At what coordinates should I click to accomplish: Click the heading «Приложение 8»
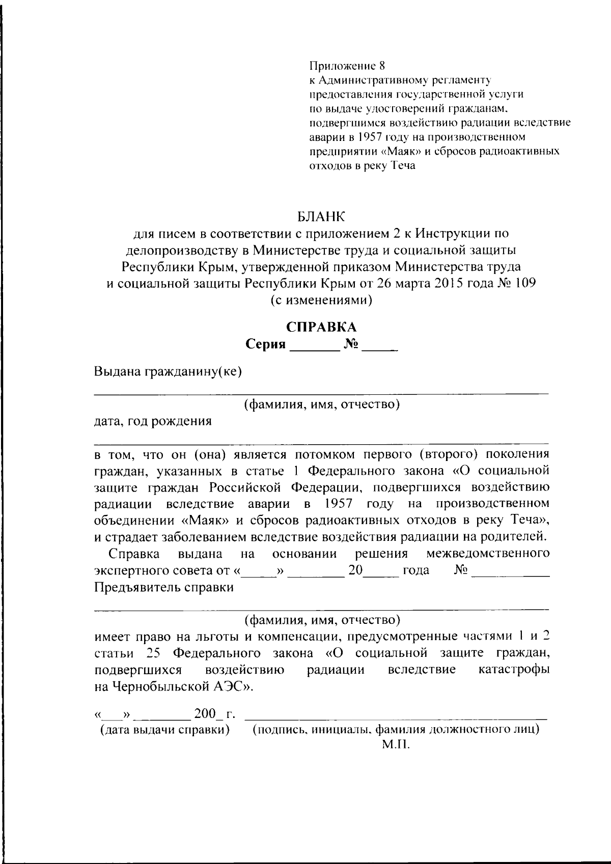click(x=348, y=66)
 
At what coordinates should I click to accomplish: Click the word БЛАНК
click(x=321, y=217)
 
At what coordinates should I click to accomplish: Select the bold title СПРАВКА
click(x=321, y=327)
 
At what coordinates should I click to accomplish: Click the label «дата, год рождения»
click(x=153, y=421)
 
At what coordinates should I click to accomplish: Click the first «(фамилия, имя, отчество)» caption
click(x=321, y=405)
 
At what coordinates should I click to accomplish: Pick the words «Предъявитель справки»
click(x=164, y=587)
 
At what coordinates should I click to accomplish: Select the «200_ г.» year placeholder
click(x=214, y=714)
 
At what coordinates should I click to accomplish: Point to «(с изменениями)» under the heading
click(x=321, y=300)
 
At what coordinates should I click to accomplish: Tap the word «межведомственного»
click(x=488, y=554)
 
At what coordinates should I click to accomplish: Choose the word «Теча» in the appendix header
click(x=403, y=165)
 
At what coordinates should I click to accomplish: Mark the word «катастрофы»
click(x=514, y=669)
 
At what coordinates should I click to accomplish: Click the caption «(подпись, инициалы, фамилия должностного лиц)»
click(x=396, y=730)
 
